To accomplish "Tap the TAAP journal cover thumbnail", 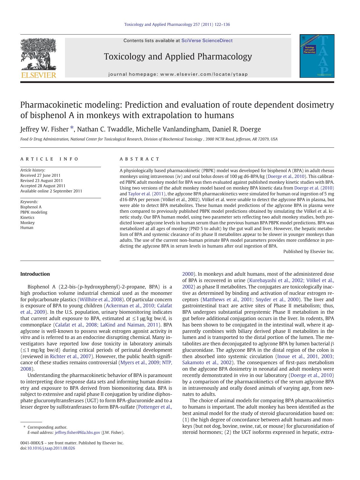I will click(317, 56).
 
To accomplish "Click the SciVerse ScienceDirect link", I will click(207, 41).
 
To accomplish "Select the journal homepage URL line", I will click(178, 74).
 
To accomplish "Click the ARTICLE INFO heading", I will click(49, 159).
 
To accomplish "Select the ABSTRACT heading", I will click(140, 159).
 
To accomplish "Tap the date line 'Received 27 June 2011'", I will click(40, 175).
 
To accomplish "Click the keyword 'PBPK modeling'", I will click(34, 212).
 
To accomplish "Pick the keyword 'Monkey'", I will click(27, 223).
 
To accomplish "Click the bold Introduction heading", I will click(35, 274).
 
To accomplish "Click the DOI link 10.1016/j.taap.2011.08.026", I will click(51, 448).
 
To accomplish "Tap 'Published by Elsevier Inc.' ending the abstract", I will click(308, 252).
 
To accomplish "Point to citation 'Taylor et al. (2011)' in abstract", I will click(146, 194).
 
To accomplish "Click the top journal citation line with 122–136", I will click(177, 24).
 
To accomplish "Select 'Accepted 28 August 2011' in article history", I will click(43, 186).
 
